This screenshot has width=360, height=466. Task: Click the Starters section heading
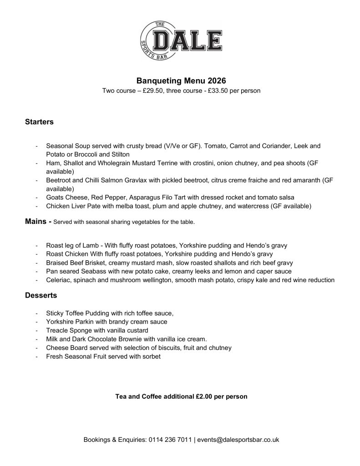click(39, 122)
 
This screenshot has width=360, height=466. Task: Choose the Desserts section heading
click(41, 295)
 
